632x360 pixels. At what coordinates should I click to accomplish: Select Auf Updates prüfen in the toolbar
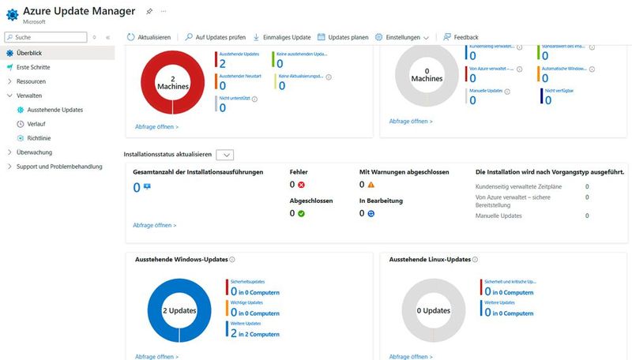(215, 37)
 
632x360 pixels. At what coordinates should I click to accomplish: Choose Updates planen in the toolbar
(343, 37)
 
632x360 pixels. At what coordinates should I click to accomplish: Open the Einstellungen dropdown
(402, 37)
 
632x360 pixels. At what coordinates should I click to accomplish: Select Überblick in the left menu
(29, 53)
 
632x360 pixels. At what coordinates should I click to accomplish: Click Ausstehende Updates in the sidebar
(55, 110)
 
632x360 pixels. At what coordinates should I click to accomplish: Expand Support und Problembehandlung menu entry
(59, 167)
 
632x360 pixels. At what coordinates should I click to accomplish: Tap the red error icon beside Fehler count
(302, 185)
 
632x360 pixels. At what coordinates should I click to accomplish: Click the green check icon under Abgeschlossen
(302, 213)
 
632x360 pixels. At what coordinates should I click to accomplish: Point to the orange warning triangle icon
(371, 185)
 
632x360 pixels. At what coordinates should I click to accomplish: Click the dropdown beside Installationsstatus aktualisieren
(224, 156)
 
